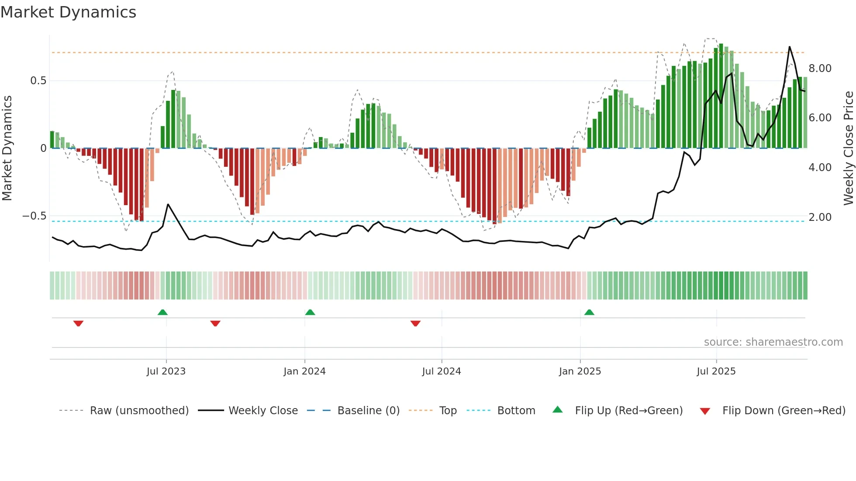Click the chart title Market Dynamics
(x=69, y=12)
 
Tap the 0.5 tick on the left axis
(x=38, y=81)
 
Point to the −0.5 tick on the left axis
(x=35, y=216)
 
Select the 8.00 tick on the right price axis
(x=820, y=69)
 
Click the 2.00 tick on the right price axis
(x=820, y=217)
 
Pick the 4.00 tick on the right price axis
(x=820, y=168)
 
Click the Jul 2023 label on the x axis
(x=166, y=371)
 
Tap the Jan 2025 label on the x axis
(x=580, y=371)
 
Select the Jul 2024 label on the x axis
(x=442, y=371)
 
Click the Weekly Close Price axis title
(x=848, y=148)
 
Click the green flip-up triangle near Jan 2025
(x=589, y=312)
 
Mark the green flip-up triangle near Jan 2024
(x=310, y=312)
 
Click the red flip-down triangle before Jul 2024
(x=415, y=323)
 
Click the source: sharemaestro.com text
(x=773, y=342)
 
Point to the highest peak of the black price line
(x=789, y=47)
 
